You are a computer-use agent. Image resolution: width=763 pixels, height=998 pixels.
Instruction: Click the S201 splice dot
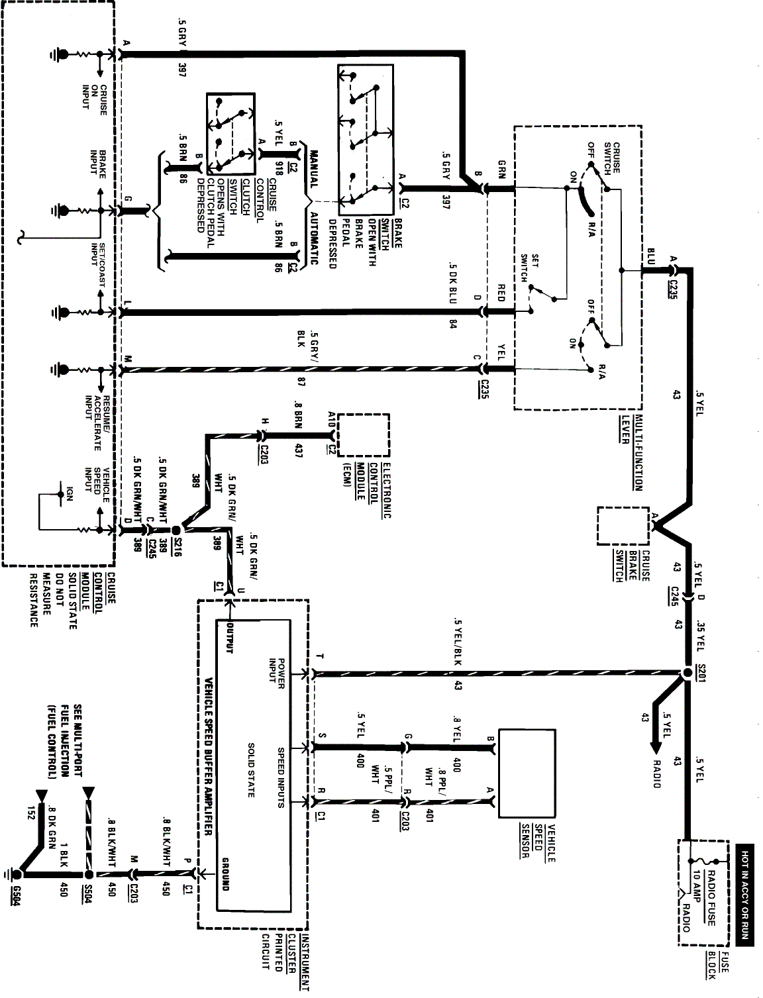[687, 674]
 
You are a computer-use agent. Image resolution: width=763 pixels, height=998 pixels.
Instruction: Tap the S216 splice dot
[176, 530]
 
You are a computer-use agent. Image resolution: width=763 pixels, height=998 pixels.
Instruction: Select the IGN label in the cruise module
[68, 493]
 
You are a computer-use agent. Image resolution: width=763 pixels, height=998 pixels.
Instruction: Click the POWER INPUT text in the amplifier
[275, 674]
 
